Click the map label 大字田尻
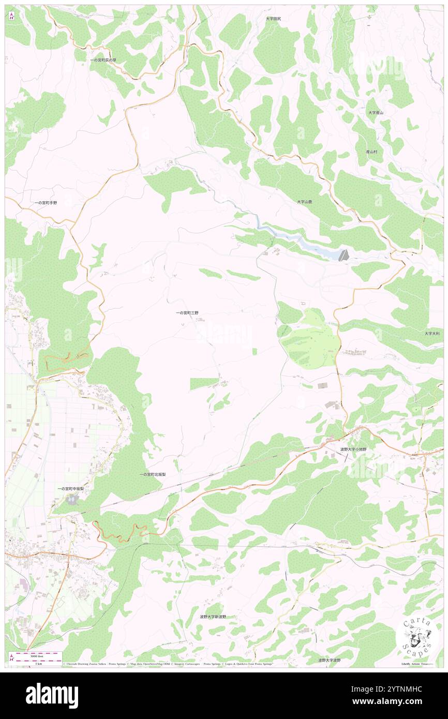[273, 19]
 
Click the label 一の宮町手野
[46, 203]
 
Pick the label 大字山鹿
[304, 201]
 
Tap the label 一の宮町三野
[187, 313]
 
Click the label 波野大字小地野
[353, 450]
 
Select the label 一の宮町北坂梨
[152, 474]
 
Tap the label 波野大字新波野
[213, 617]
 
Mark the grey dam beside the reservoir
[343, 254]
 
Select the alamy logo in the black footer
[52, 695]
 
